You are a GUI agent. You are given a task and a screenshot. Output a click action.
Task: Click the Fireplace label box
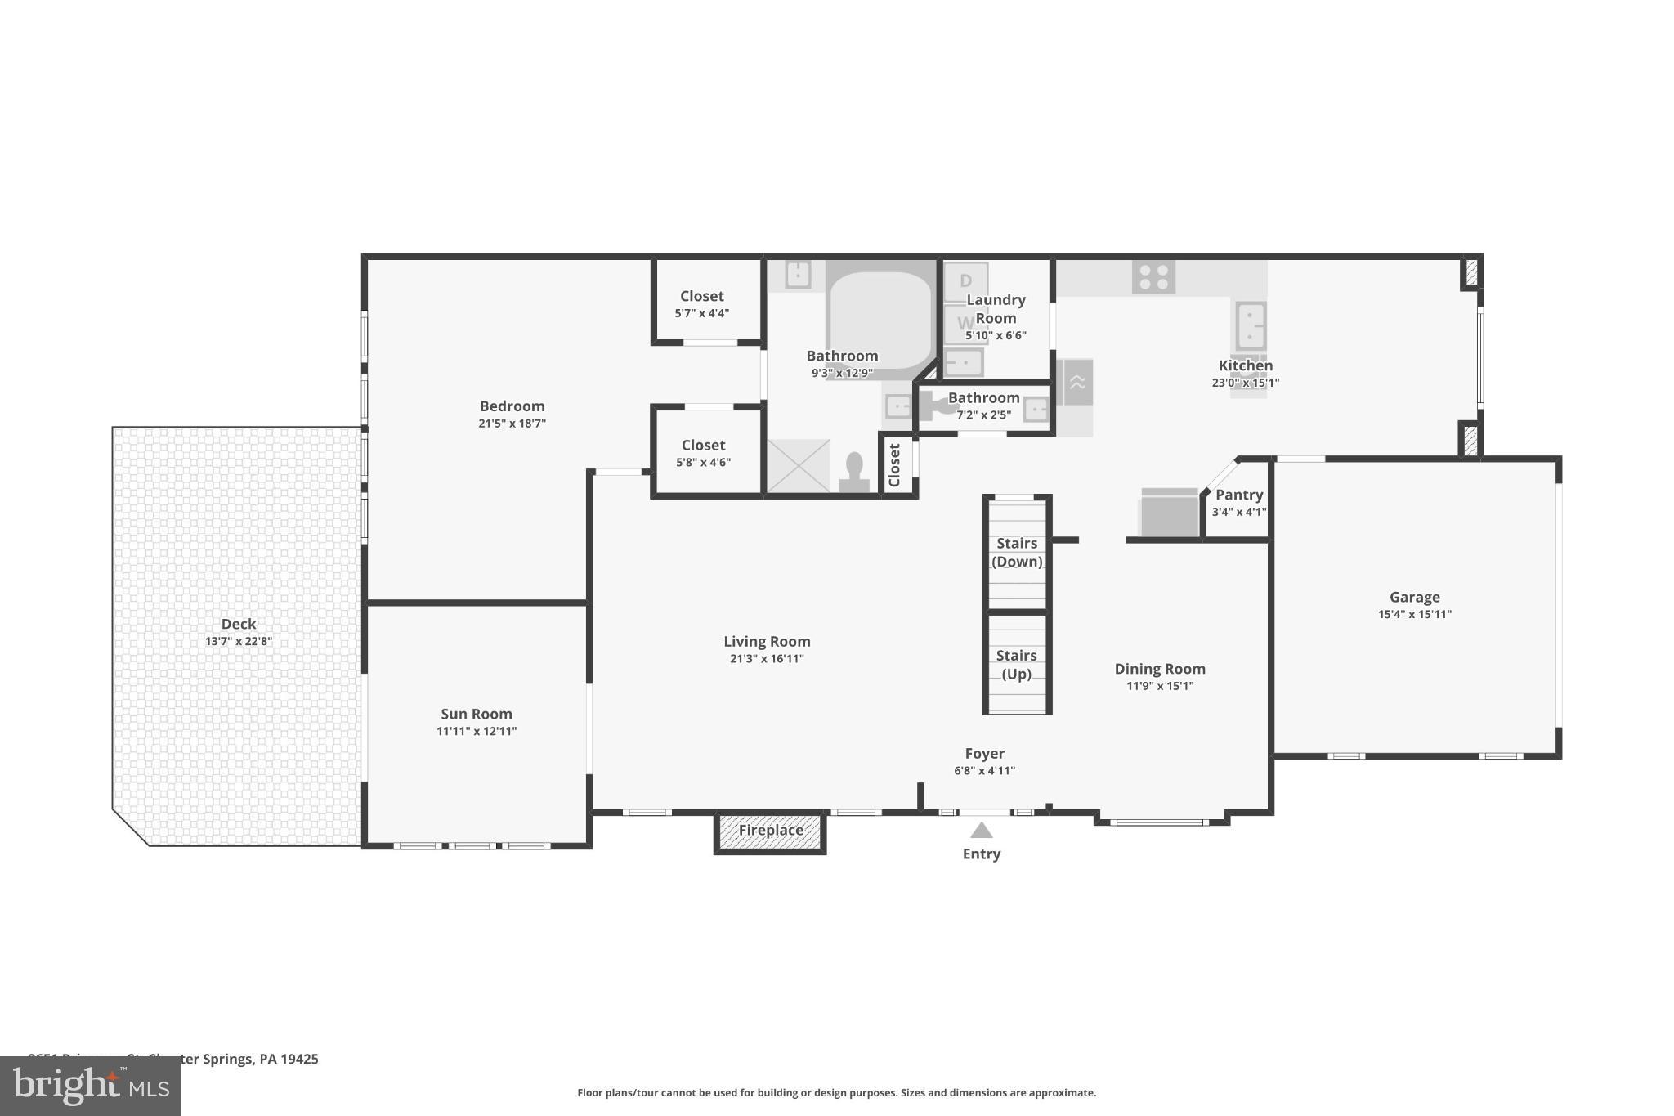click(770, 831)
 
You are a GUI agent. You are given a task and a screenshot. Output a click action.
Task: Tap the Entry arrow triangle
click(981, 831)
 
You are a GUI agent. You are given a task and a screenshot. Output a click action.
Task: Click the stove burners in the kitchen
click(1153, 277)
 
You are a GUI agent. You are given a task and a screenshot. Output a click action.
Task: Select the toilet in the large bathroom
click(854, 473)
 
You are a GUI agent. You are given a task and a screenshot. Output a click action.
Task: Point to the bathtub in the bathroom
click(880, 319)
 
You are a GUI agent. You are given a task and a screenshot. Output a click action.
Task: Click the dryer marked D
click(965, 281)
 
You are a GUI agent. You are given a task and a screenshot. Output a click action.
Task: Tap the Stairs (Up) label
click(1016, 664)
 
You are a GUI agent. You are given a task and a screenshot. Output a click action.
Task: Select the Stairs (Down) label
click(1016, 552)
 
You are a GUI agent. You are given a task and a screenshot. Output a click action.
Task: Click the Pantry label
click(1238, 495)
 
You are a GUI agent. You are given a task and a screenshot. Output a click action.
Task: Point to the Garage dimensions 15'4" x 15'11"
click(1414, 615)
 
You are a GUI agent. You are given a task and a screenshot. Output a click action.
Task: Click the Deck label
click(238, 624)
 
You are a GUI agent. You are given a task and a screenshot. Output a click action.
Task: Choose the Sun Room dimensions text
click(476, 731)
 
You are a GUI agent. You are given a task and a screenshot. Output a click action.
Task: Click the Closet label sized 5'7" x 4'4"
click(701, 296)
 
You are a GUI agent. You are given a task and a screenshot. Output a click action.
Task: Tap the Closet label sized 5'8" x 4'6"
click(703, 446)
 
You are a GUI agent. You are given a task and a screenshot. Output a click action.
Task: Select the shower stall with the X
click(798, 466)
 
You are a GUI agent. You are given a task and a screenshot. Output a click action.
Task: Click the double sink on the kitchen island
click(1250, 326)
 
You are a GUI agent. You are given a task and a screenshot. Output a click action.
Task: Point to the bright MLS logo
click(90, 1086)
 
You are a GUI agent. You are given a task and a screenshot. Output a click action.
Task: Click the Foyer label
click(984, 754)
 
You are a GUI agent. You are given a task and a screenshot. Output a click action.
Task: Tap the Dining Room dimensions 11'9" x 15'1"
click(1159, 686)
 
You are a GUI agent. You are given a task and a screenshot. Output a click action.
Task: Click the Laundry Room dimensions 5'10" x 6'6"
click(995, 335)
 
